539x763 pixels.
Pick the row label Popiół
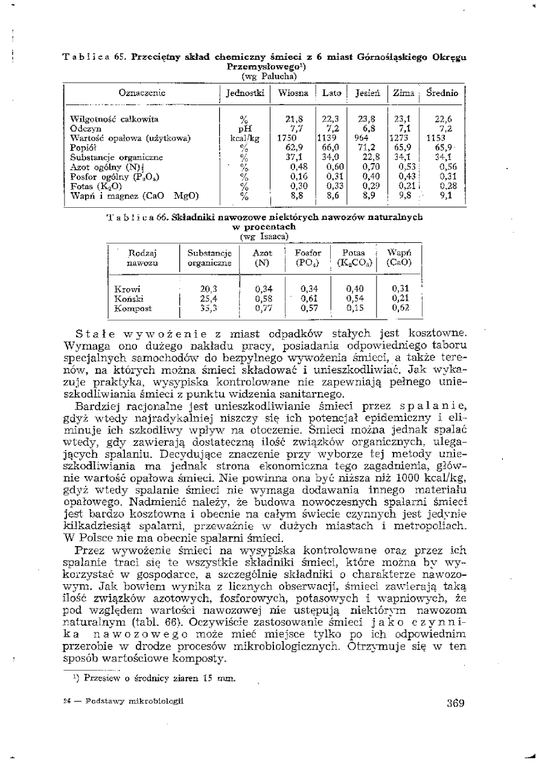[x=81, y=147]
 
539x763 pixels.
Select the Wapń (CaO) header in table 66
[x=398, y=258]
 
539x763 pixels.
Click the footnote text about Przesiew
[x=153, y=678]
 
